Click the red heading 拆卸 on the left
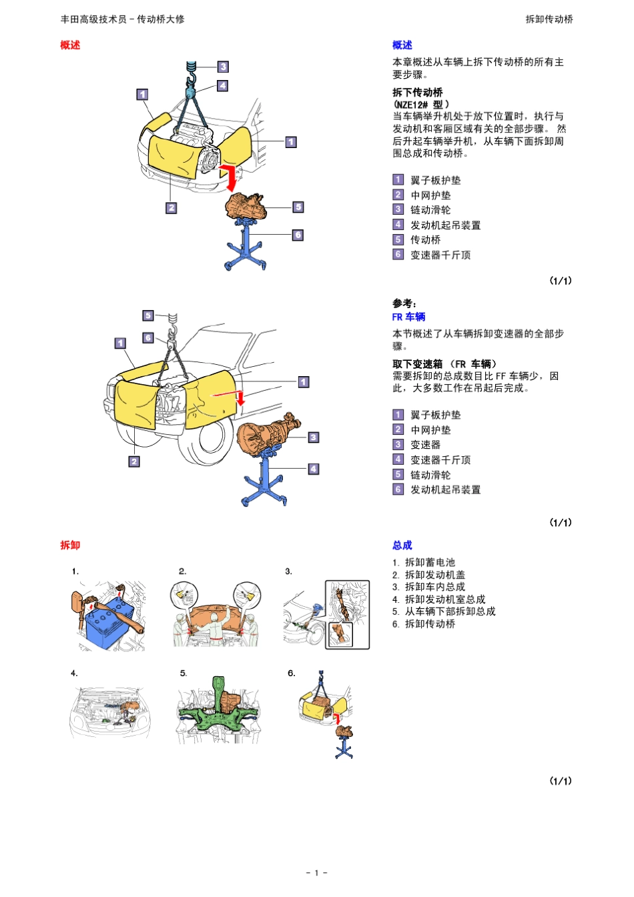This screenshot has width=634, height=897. [70, 545]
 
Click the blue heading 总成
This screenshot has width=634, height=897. [402, 545]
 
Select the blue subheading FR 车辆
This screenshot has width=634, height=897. [408, 317]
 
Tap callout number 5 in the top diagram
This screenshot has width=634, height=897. [298, 207]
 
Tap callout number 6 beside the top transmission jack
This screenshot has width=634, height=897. [298, 235]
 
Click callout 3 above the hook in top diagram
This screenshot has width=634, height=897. [223, 67]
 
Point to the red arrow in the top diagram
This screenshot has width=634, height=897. [230, 177]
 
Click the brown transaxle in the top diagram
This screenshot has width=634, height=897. [246, 206]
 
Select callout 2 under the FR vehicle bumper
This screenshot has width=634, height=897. [134, 461]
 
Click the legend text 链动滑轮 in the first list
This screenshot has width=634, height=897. [430, 210]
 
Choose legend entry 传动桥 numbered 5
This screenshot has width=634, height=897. [425, 239]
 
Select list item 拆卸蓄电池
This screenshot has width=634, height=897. [430, 562]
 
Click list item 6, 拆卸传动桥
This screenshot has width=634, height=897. [430, 624]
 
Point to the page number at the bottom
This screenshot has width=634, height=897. [316, 872]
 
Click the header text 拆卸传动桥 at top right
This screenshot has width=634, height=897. [549, 19]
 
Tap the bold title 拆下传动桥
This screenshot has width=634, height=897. [418, 92]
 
